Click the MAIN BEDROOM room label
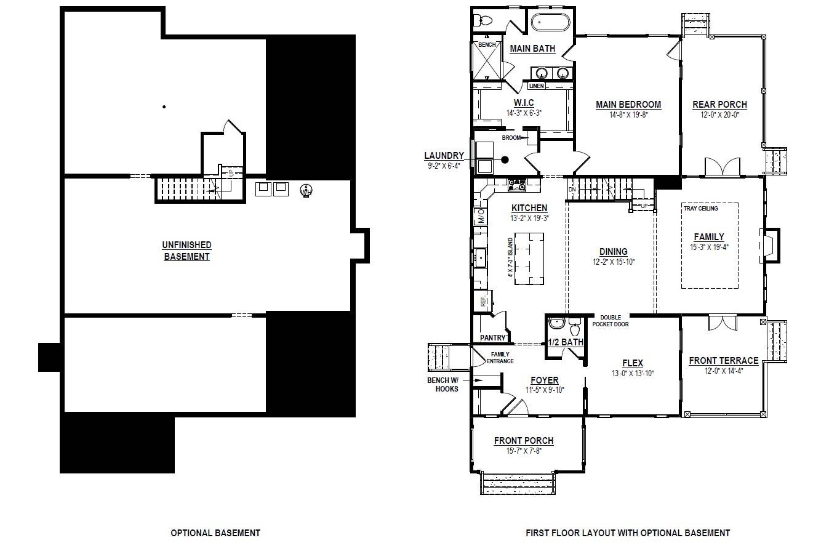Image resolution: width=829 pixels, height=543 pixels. point(628,105)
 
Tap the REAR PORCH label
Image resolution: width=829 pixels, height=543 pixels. point(719,105)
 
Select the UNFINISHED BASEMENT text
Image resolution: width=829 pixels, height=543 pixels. point(186,251)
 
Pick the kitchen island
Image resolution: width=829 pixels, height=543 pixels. point(529,258)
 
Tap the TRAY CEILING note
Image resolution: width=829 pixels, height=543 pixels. point(700,209)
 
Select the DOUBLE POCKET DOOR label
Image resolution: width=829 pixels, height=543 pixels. point(611,321)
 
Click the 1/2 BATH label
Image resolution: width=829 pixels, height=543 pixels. point(565,342)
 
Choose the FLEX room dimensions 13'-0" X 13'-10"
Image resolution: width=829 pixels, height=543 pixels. point(633,374)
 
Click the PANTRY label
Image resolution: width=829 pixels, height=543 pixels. point(492,337)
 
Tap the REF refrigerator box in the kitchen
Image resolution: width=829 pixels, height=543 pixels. point(483,302)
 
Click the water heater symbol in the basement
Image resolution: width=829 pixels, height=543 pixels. point(305,191)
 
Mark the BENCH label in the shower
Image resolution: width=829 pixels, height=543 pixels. point(487,45)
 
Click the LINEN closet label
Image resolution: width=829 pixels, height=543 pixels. point(536,86)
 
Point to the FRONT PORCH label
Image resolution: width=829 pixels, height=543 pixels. point(523,441)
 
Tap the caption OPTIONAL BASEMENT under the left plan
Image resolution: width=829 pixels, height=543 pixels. point(215,533)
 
